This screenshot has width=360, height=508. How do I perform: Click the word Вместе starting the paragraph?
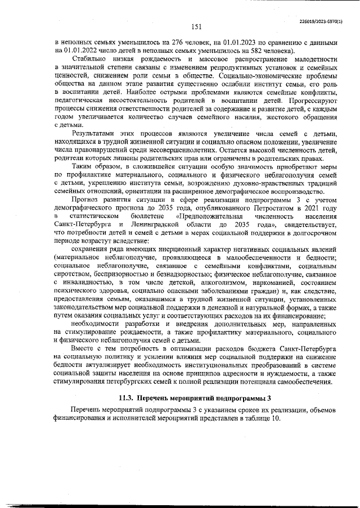coord(84,348)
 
